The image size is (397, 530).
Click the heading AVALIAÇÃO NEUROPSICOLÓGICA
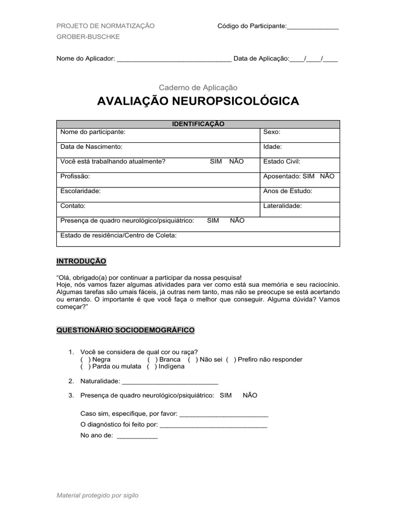(x=198, y=101)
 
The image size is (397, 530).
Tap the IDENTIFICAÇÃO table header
(x=198, y=124)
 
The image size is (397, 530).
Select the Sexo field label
(x=272, y=132)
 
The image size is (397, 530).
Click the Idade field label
(x=272, y=147)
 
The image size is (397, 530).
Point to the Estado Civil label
(x=282, y=161)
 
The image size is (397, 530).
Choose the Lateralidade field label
(x=283, y=205)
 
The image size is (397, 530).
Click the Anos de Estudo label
(x=288, y=191)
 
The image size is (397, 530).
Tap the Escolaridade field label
(x=81, y=191)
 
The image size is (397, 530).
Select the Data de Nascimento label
(x=91, y=147)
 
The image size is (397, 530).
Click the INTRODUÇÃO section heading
(x=81, y=261)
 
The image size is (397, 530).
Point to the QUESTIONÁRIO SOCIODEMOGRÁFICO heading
(x=126, y=330)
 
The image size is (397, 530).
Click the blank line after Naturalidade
(x=170, y=382)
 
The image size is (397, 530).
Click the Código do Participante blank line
(x=313, y=26)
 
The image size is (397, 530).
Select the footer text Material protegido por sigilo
(x=98, y=495)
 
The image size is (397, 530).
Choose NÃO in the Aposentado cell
(x=327, y=176)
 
